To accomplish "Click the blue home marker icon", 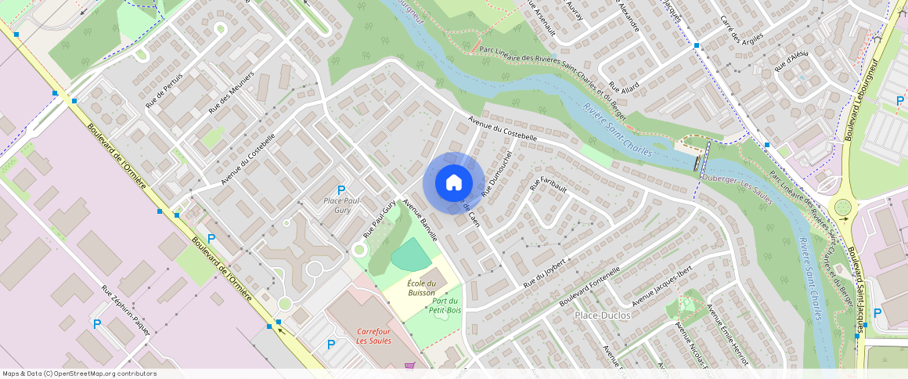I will [453, 182].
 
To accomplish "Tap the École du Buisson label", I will [421, 287].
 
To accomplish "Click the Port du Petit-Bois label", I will [444, 305].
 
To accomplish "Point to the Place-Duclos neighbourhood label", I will [602, 315].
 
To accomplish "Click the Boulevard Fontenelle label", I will [590, 286].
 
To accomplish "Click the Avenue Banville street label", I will [420, 220].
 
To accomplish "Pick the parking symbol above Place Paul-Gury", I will [340, 190].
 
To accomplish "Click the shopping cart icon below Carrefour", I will [409, 366].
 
